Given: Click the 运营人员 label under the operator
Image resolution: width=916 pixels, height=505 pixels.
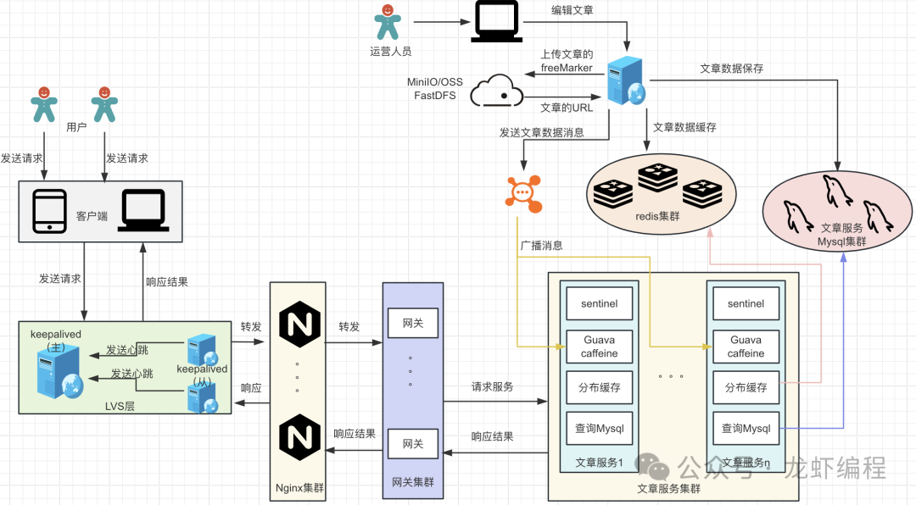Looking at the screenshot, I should (x=391, y=51).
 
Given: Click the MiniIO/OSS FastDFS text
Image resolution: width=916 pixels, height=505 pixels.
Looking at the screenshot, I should (x=435, y=89).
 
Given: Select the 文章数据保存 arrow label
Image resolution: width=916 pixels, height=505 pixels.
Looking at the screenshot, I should (x=731, y=69).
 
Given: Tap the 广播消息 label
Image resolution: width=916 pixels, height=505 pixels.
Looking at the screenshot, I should (x=541, y=246).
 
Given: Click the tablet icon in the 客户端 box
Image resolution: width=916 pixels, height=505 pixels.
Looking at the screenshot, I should (x=49, y=210).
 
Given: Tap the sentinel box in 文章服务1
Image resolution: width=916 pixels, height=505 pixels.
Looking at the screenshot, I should (x=600, y=303).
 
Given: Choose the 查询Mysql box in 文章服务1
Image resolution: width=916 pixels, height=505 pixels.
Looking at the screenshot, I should (x=600, y=429).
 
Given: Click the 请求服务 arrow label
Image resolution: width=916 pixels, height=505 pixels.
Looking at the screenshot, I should (x=493, y=386).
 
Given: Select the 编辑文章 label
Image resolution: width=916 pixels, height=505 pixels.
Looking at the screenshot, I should (x=572, y=11).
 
